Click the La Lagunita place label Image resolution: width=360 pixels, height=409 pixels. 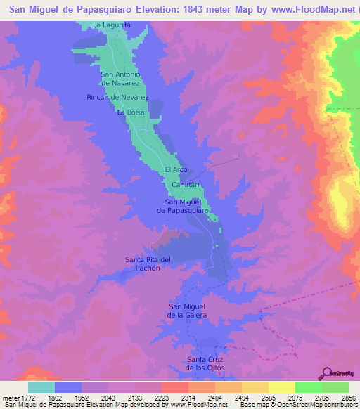pos(112,25)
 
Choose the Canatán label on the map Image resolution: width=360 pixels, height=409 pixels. pos(186,185)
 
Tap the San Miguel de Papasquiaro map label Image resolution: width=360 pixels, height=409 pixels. pos(181,207)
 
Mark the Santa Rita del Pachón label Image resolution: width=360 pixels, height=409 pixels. pos(148,264)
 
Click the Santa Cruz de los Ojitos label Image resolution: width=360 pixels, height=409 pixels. pos(205,363)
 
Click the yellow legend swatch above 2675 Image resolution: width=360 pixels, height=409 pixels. pos(281,387)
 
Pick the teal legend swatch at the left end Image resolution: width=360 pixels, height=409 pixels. pos(41,387)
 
